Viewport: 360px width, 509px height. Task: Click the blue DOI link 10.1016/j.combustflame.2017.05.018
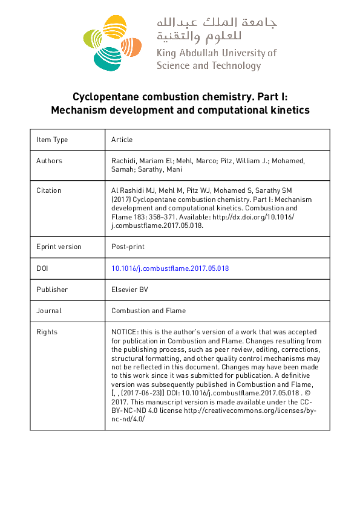coord(170,268)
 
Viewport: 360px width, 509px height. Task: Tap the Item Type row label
coord(52,140)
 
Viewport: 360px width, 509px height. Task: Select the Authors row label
coord(49,161)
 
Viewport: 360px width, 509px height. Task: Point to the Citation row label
coord(49,190)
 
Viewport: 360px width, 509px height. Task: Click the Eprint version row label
coord(59,247)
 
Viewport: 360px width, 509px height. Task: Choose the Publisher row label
coord(52,290)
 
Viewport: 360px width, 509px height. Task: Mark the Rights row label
coord(47,332)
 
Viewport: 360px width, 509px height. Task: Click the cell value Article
coord(122,140)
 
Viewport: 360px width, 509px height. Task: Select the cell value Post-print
coord(128,247)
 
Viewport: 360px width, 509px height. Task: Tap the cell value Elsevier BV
coord(129,290)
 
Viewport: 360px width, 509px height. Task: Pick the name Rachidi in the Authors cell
coord(125,161)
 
